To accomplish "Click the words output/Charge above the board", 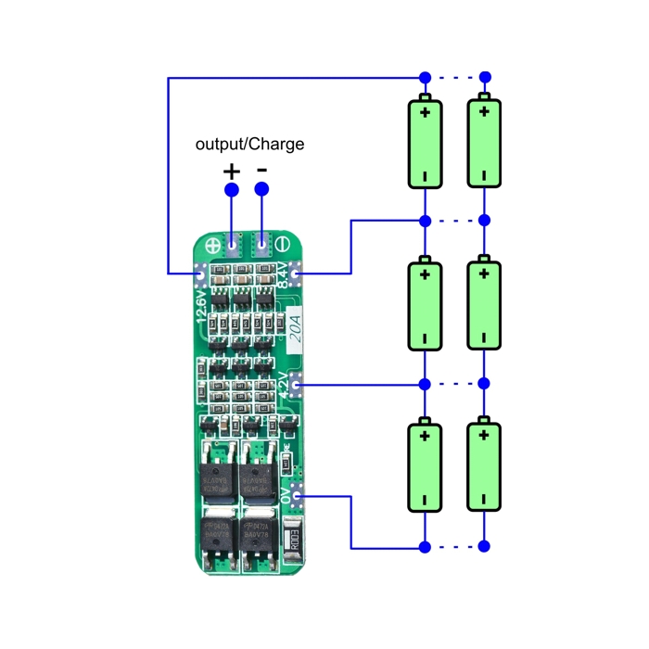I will (x=249, y=145).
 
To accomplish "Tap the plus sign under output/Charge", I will (x=231, y=172).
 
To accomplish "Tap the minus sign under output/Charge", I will (x=262, y=170).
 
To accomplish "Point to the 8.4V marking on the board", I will (x=283, y=274).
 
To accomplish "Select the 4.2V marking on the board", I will (x=285, y=383).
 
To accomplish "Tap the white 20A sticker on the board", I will (x=295, y=329).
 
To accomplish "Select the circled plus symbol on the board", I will (x=210, y=247).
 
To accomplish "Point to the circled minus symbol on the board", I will (x=285, y=247).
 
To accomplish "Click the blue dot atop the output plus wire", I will (x=231, y=190).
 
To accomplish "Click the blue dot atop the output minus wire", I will (x=262, y=190).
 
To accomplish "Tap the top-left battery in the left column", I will (x=425, y=144).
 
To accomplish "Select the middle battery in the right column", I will (x=483, y=306).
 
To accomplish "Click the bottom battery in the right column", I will (x=483, y=467).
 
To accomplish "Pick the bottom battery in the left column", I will (x=425, y=467).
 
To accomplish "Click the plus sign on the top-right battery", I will (x=483, y=113).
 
